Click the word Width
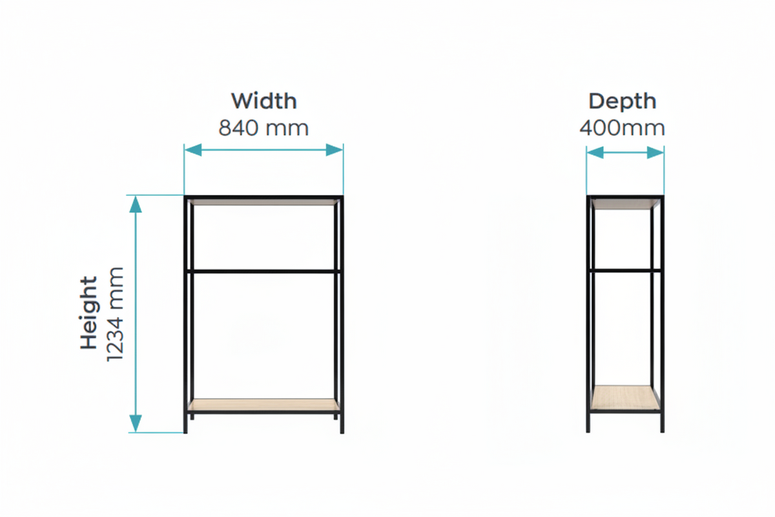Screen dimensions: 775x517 [x=264, y=101]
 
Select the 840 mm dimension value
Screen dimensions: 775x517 [x=263, y=128]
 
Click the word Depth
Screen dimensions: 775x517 [x=623, y=102]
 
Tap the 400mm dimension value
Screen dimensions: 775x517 [x=622, y=128]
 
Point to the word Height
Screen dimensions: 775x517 [x=88, y=313]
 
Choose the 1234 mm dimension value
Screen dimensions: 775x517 [x=115, y=315]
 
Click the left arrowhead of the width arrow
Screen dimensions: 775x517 [x=193, y=150]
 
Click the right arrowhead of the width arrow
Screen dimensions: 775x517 [x=335, y=150]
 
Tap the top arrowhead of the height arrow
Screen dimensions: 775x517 [x=136, y=204]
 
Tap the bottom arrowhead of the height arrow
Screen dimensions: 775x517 [x=136, y=423]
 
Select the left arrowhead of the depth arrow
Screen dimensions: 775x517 [x=595, y=153]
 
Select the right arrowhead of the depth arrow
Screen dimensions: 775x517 [x=656, y=153]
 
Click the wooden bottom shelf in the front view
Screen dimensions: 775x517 [x=263, y=405]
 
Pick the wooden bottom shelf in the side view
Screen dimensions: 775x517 [x=625, y=397]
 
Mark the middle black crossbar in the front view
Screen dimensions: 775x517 [x=263, y=271]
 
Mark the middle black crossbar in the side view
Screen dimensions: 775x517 [x=625, y=270]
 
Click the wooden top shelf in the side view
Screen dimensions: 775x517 [x=625, y=204]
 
